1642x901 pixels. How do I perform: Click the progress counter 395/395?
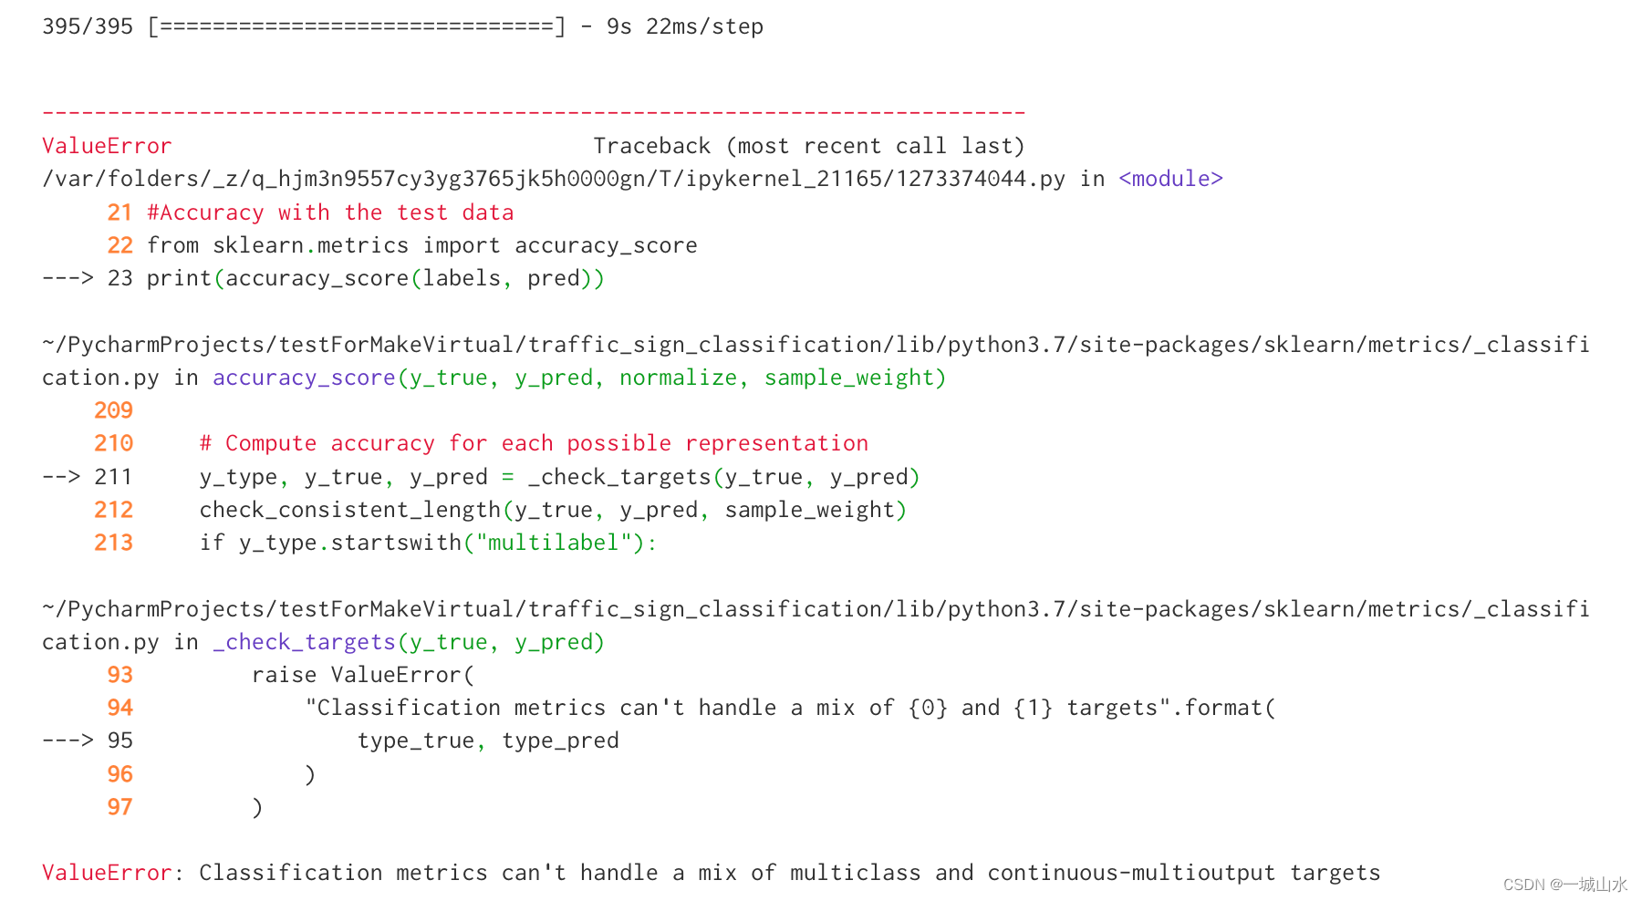[88, 26]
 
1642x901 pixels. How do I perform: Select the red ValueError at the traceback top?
[107, 146]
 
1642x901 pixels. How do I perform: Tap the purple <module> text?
[1170, 179]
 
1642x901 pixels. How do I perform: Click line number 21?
[120, 212]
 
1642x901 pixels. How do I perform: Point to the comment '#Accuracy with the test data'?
[330, 212]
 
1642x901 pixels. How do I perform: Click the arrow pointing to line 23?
[68, 278]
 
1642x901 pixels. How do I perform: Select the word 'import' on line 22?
[462, 245]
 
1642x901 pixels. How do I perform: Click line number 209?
[113, 410]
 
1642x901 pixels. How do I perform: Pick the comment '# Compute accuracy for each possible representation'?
[534, 443]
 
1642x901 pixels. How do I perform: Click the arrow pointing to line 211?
[61, 477]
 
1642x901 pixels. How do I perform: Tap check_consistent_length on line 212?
[350, 510]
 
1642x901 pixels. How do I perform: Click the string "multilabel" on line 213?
[554, 543]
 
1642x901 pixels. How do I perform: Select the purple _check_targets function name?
[304, 642]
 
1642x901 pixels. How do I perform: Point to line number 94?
[120, 708]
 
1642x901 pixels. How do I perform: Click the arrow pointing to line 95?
[68, 740]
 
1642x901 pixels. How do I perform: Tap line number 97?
[120, 807]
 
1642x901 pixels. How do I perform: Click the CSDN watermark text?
[1564, 885]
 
